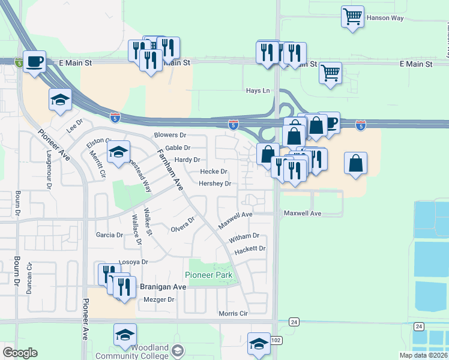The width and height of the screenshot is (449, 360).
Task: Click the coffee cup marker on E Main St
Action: pyautogui.click(x=35, y=61)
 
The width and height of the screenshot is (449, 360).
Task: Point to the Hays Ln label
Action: pyautogui.click(x=258, y=91)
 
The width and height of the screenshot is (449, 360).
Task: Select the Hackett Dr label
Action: pyautogui.click(x=250, y=248)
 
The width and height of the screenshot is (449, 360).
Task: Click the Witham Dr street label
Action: pyautogui.click(x=244, y=236)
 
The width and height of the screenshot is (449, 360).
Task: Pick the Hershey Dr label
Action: pyautogui.click(x=215, y=184)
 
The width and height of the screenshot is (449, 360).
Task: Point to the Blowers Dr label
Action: pyautogui.click(x=170, y=136)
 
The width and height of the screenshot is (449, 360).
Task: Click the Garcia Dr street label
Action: pyautogui.click(x=109, y=235)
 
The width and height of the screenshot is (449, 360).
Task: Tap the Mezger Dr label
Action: pyautogui.click(x=159, y=299)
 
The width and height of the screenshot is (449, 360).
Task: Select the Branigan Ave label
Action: pyautogui.click(x=163, y=287)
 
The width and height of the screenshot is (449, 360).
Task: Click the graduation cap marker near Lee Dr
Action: pyautogui.click(x=60, y=100)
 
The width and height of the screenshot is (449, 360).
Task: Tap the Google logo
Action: pyautogui.click(x=20, y=353)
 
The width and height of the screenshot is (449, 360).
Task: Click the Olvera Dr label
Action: pyautogui.click(x=183, y=224)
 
